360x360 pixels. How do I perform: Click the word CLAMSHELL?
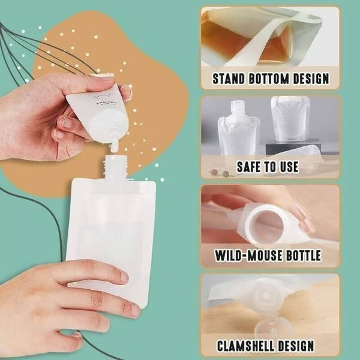[245, 346]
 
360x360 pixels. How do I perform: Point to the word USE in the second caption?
[287, 167]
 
